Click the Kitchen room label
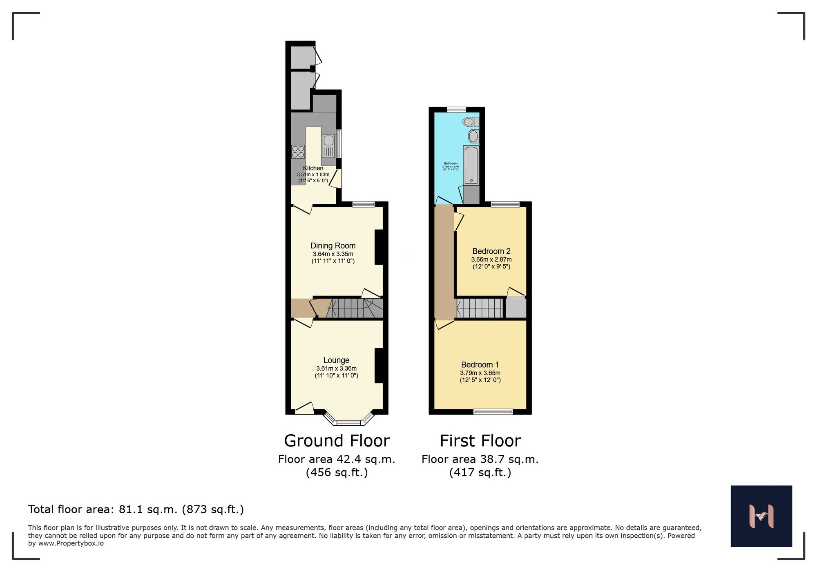[x=313, y=168]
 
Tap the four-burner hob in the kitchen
[x=298, y=152]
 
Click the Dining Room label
[x=333, y=246]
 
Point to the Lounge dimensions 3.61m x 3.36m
[x=336, y=369]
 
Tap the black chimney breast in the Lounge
[x=379, y=365]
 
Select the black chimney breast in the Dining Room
[x=379, y=247]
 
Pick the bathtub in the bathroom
[x=471, y=165]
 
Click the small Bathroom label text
[x=451, y=163]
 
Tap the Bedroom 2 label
[x=491, y=251]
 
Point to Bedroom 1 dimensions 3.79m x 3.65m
[x=480, y=373]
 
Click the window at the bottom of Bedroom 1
[x=493, y=412]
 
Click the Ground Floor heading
[x=337, y=441]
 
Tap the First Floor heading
[x=480, y=441]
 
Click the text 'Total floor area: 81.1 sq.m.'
[x=103, y=509]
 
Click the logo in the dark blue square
[x=761, y=516]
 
